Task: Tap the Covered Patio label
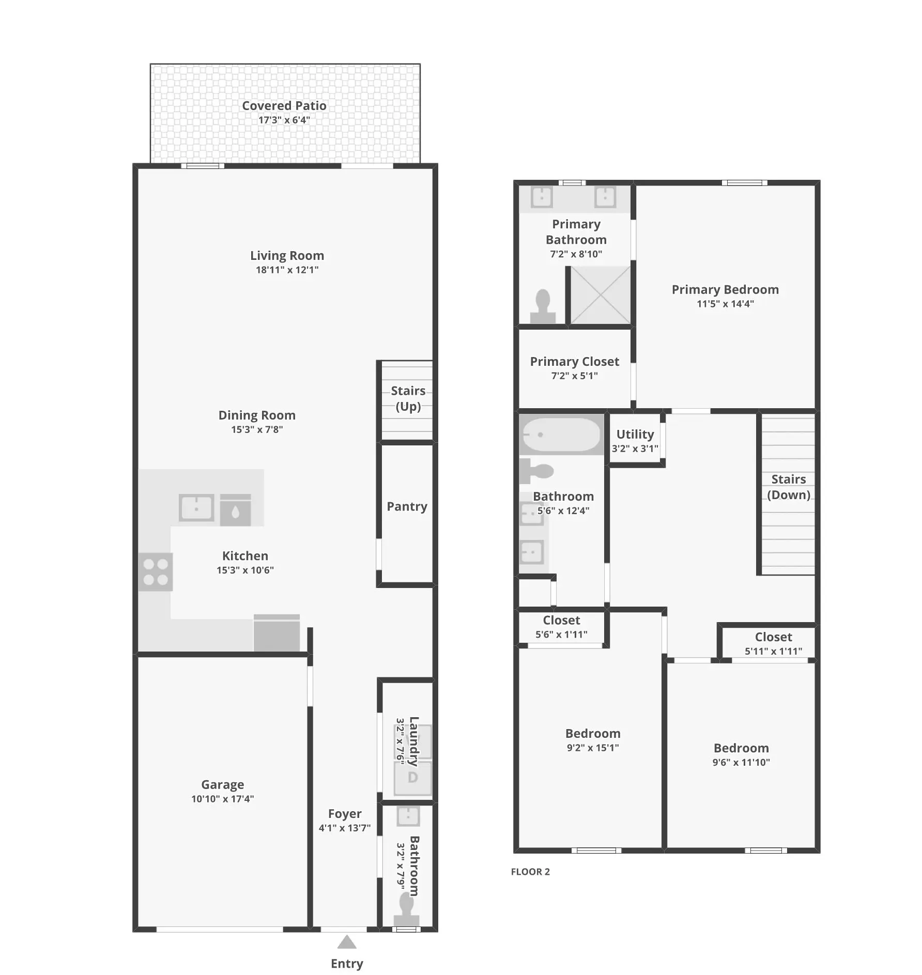pyautogui.click(x=284, y=105)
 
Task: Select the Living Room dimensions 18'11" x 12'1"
pyautogui.click(x=287, y=270)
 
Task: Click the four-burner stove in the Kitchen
pyautogui.click(x=156, y=571)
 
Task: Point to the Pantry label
pyautogui.click(x=407, y=506)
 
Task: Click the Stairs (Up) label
pyautogui.click(x=408, y=398)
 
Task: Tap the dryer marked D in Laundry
pyautogui.click(x=412, y=778)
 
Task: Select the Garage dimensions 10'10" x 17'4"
pyautogui.click(x=222, y=799)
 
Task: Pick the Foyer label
pyautogui.click(x=345, y=814)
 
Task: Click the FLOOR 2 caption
pyautogui.click(x=530, y=872)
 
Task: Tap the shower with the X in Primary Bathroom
pyautogui.click(x=600, y=295)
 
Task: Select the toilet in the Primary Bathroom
pyautogui.click(x=543, y=306)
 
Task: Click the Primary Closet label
pyautogui.click(x=574, y=362)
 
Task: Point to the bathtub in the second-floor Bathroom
pyautogui.click(x=561, y=435)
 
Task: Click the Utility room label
pyautogui.click(x=635, y=435)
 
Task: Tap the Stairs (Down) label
pyautogui.click(x=788, y=487)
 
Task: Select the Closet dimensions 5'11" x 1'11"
pyautogui.click(x=773, y=651)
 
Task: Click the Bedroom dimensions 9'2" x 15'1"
pyautogui.click(x=593, y=748)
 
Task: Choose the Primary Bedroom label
pyautogui.click(x=725, y=290)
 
